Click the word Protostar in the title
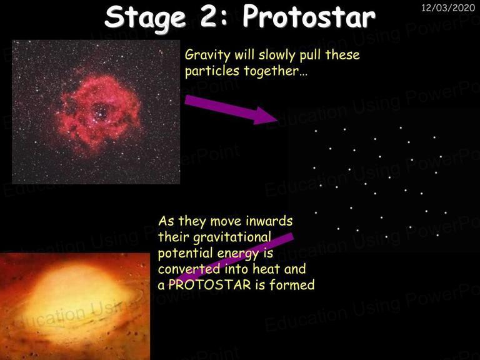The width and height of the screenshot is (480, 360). (309, 17)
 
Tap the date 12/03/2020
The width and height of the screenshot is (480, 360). (448, 7)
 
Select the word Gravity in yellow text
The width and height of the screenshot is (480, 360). (207, 56)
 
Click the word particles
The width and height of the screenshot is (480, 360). (212, 71)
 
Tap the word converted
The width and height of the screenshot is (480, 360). (189, 269)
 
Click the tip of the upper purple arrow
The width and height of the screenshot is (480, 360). (278, 119)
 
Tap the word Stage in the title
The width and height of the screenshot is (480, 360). (146, 18)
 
